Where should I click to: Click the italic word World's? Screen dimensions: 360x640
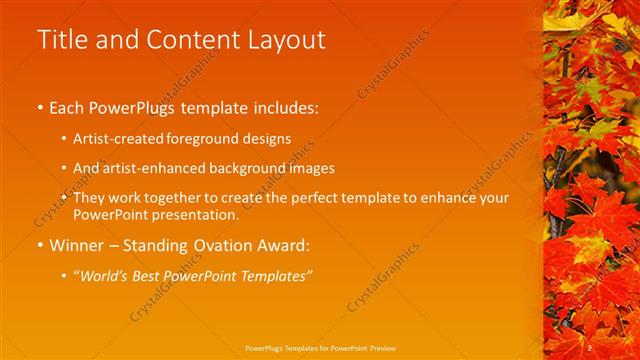tap(105, 276)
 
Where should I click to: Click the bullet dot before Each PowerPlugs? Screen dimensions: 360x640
tap(40, 106)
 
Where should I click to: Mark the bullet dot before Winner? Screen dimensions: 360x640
tap(40, 245)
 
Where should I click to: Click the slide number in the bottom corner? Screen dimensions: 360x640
tap(591, 347)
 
